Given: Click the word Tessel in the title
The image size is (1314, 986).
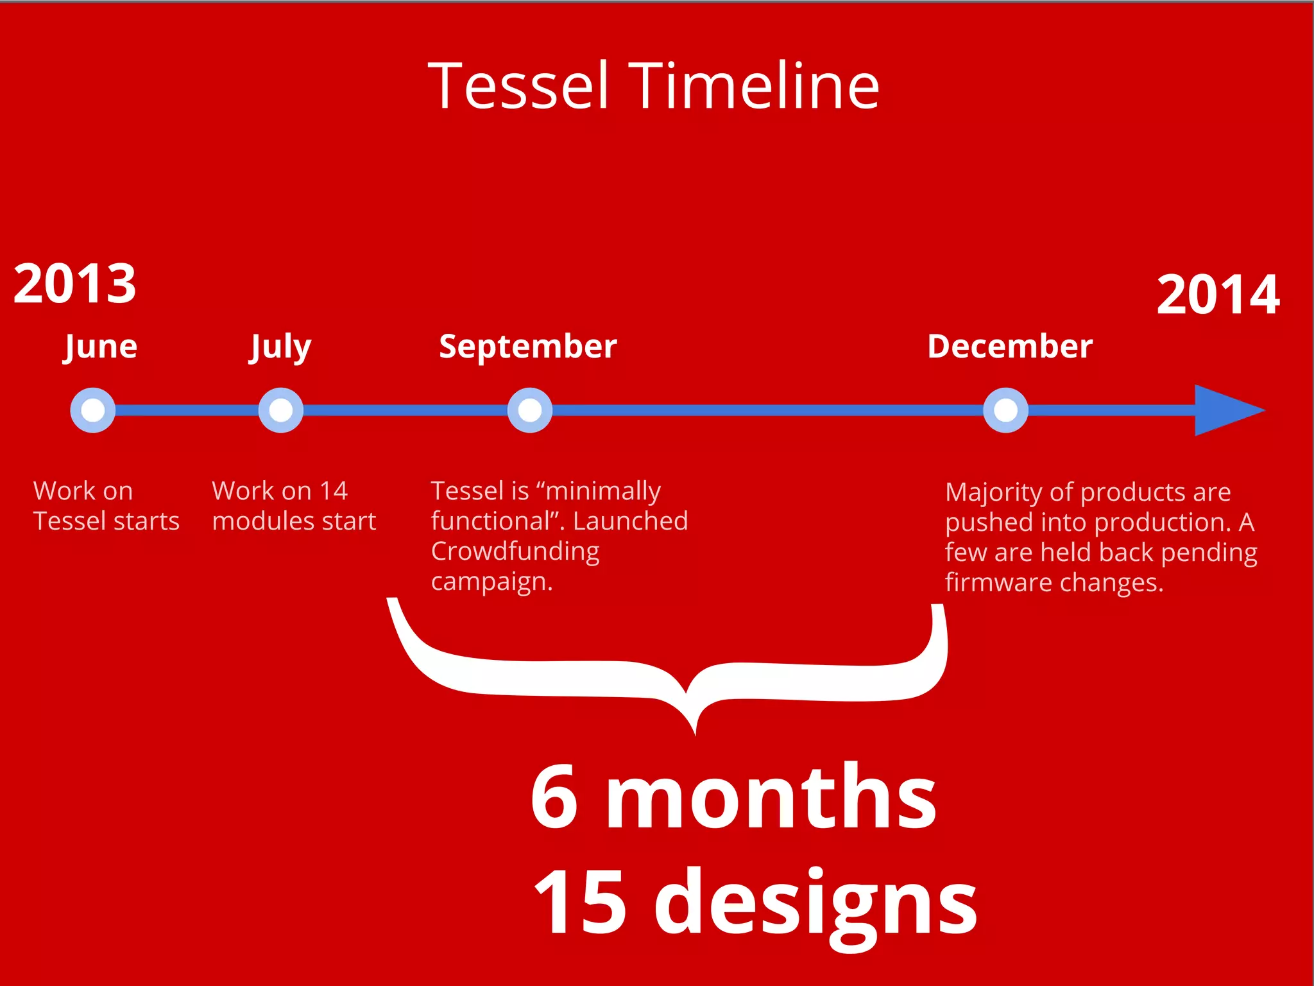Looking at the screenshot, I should (518, 86).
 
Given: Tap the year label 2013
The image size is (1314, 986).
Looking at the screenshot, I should (75, 284).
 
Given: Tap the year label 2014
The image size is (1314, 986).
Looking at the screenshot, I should (1218, 295).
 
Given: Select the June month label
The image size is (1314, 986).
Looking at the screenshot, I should (101, 347).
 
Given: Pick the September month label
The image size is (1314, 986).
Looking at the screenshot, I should (527, 347).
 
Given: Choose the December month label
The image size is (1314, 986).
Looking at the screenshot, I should (1010, 347).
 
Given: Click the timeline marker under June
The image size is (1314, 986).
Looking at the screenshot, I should (93, 410).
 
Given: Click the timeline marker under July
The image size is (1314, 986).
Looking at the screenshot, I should (280, 410).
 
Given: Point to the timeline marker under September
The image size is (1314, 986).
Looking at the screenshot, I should (529, 410).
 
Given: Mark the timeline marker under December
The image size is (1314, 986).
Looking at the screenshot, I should (1005, 410).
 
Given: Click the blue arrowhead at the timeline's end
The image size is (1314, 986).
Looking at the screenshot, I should (1225, 410).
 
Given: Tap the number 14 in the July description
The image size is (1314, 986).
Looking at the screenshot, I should (334, 491).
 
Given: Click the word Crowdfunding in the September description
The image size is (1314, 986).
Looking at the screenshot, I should (515, 551).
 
